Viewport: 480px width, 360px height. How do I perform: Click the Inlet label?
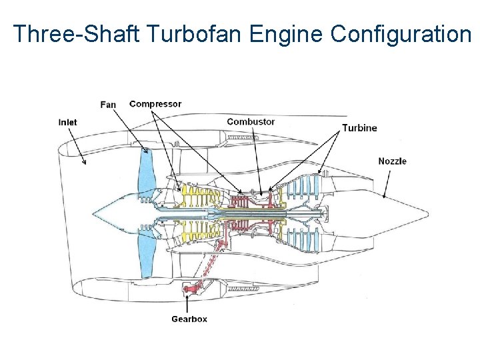point(67,122)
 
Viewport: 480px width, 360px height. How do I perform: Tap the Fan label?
point(108,104)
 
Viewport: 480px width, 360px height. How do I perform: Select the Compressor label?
point(155,104)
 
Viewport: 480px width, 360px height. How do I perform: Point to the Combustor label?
point(251,121)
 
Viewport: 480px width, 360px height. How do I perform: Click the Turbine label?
point(359,128)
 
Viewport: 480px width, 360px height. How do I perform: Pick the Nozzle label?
point(392,161)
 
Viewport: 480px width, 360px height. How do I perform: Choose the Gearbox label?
point(189,319)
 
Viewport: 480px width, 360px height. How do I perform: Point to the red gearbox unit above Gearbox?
point(191,289)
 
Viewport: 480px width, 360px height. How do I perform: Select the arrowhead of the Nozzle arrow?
point(385,197)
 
